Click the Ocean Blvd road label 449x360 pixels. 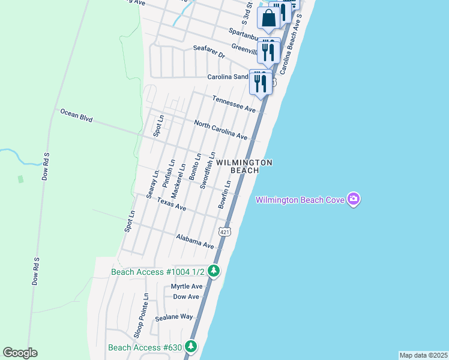click(76, 115)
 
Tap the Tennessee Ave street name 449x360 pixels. click(234, 103)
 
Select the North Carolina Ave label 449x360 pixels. click(221, 130)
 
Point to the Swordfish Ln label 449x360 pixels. click(208, 170)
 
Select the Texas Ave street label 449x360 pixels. click(172, 204)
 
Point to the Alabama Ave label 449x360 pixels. click(195, 241)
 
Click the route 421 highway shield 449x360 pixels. click(224, 232)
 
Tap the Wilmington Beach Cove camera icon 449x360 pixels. click(354, 199)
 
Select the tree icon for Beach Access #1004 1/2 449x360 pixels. click(213, 271)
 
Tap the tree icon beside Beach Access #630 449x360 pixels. click(191, 346)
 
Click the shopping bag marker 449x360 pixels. click(268, 18)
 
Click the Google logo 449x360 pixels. click(20, 353)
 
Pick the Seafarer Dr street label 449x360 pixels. click(209, 52)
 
